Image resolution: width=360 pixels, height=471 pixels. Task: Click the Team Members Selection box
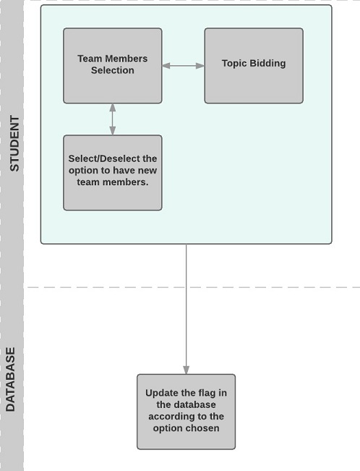[x=113, y=66]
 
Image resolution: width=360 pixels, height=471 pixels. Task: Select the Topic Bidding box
[x=254, y=66]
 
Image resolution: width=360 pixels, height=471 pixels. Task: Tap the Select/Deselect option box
[x=113, y=173]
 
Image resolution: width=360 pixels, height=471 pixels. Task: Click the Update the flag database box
[x=187, y=412]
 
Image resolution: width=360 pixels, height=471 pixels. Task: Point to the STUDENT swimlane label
[x=14, y=143]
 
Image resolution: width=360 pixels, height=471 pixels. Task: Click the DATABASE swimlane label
[x=10, y=379]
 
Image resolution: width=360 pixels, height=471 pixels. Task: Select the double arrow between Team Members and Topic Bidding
[x=183, y=66]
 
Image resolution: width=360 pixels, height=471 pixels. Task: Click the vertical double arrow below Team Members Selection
[x=113, y=119]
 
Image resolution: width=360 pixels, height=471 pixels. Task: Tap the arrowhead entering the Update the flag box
[x=187, y=370]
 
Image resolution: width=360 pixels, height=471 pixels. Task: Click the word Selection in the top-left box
[x=113, y=70]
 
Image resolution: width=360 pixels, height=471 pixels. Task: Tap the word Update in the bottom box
[x=158, y=393]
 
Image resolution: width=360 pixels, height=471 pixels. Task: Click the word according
[x=171, y=417]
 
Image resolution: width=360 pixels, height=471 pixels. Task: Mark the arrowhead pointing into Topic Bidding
[x=200, y=66]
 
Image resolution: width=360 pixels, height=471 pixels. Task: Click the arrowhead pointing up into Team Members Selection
[x=113, y=108]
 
